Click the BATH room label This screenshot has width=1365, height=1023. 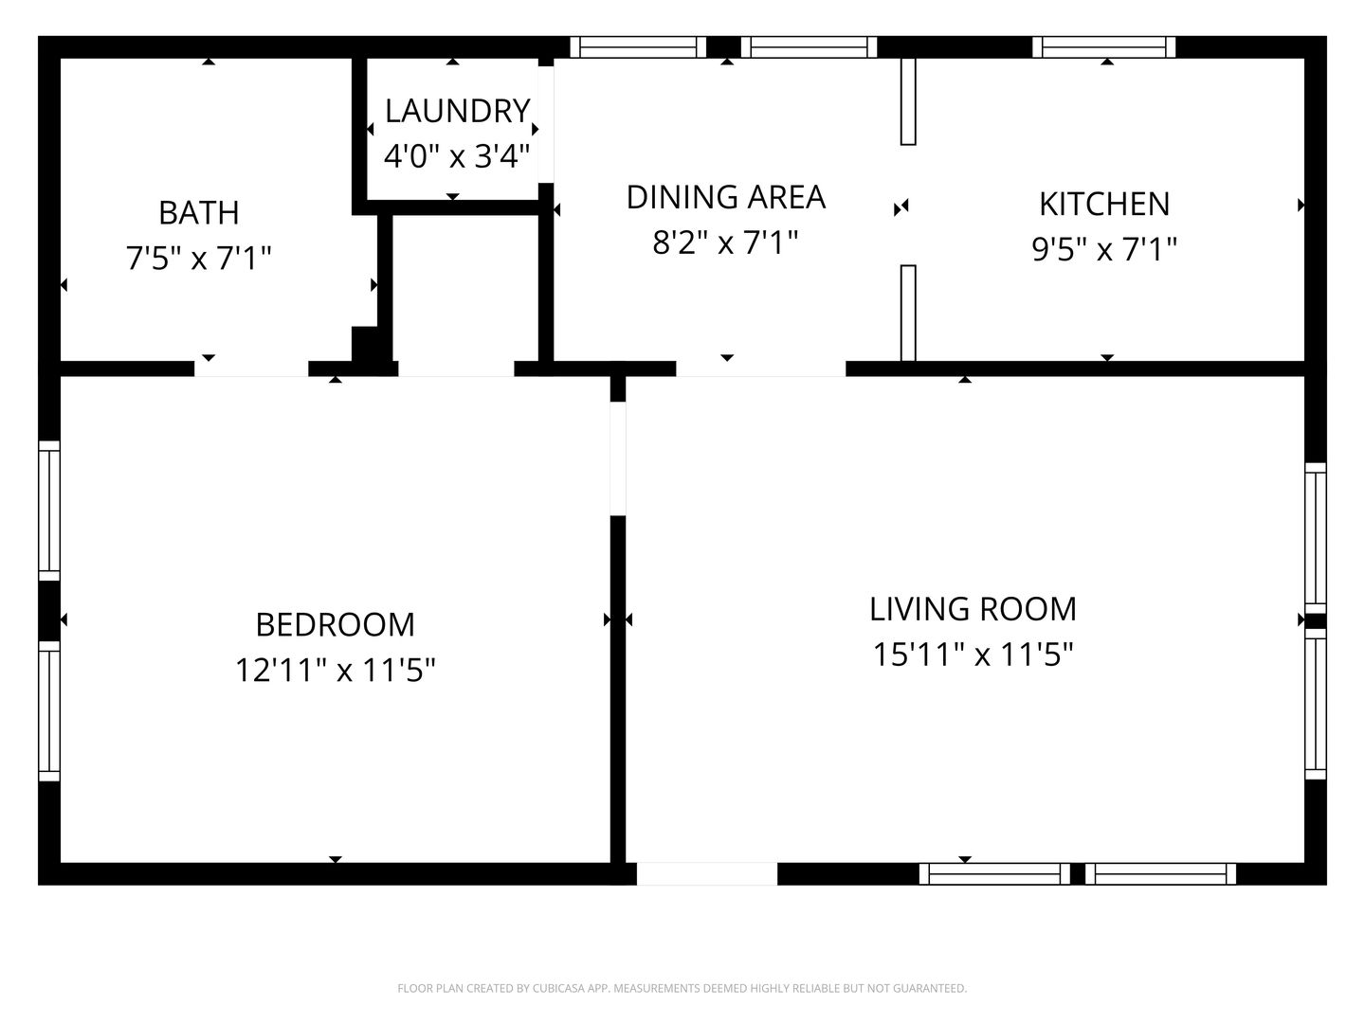199,213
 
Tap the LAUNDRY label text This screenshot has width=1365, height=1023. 457,111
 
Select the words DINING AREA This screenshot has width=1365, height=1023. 726,198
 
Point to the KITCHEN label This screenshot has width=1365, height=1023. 1104,205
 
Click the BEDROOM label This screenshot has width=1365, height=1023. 336,625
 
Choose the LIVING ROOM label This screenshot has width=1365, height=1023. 973,609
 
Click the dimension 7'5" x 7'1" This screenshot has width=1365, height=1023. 199,259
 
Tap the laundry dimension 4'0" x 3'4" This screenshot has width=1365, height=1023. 457,156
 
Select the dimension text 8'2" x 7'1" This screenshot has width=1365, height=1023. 726,242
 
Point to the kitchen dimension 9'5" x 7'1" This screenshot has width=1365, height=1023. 1104,250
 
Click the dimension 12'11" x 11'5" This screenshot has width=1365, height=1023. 336,671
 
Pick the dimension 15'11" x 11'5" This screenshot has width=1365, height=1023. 973,654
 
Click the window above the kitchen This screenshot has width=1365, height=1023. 1103,47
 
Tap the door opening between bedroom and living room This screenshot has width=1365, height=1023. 617,459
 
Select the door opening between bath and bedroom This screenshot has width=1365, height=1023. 251,368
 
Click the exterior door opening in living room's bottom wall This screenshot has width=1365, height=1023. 707,874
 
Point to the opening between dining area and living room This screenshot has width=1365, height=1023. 761,368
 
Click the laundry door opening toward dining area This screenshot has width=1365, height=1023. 546,125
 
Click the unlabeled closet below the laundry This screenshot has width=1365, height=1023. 465,288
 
